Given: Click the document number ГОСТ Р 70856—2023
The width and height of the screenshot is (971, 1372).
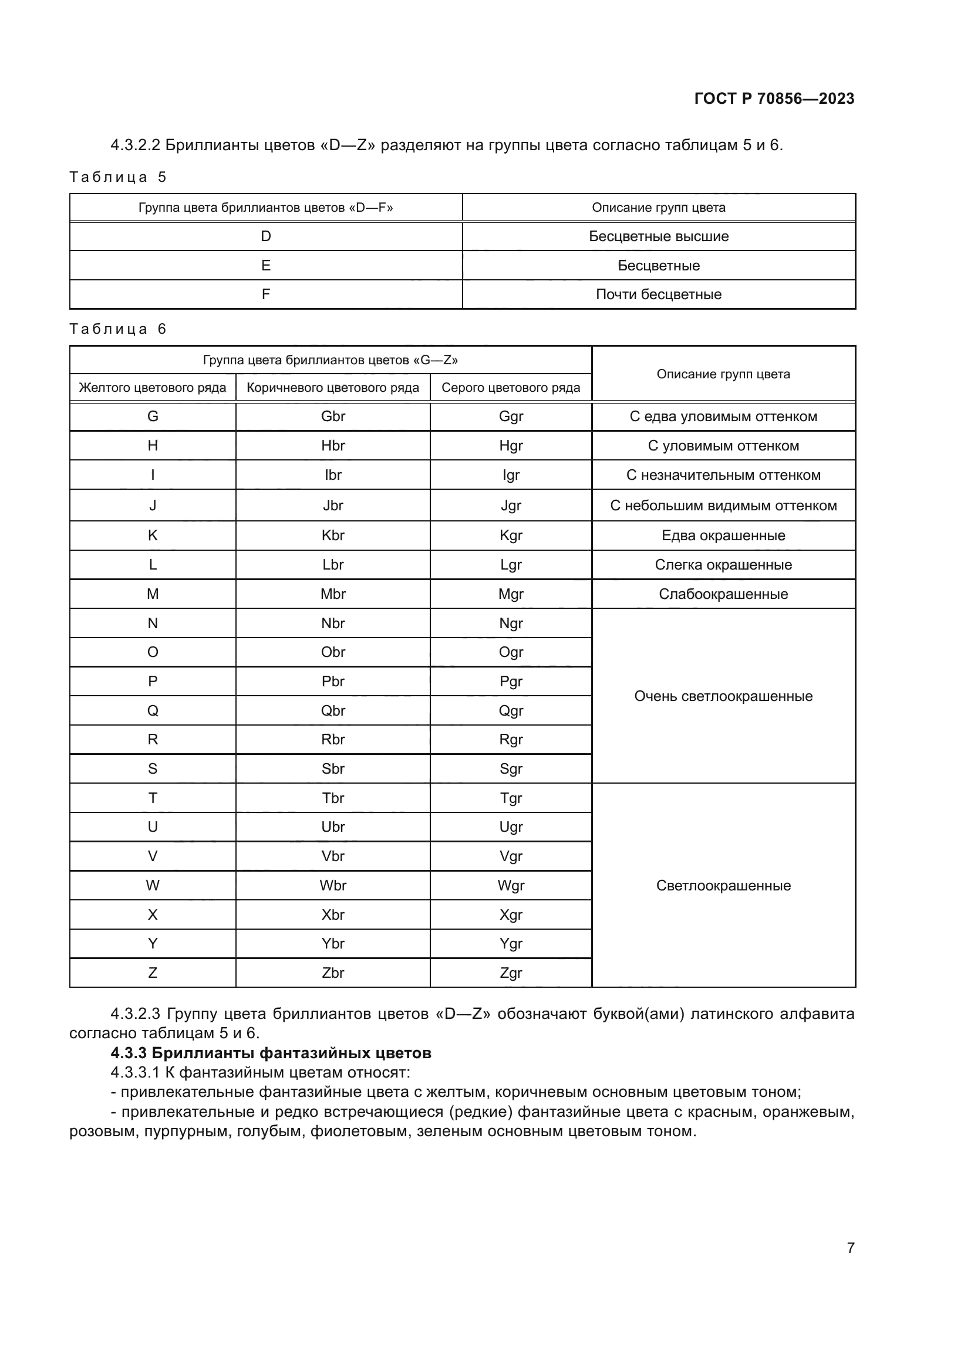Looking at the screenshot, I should [774, 99].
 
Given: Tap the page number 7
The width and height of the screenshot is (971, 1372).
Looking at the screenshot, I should [850, 1248].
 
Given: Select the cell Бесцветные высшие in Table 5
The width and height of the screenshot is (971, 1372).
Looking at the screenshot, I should [658, 236].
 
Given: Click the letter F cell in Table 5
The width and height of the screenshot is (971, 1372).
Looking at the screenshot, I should [265, 294].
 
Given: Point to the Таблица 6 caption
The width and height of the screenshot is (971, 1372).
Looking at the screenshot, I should [118, 328].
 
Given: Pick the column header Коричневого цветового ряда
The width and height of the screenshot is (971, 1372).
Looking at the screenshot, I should [332, 387].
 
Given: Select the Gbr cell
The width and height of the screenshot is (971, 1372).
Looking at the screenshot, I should [332, 416].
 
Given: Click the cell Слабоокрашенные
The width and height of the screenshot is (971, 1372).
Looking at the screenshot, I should [723, 594].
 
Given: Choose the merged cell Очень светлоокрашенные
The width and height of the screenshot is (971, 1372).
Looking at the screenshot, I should [723, 696].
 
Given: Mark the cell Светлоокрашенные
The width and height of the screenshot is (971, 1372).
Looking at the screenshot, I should [723, 886].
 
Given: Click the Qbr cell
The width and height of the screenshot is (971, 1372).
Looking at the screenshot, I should [332, 710].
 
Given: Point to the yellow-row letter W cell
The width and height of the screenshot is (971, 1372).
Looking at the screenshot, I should [153, 886].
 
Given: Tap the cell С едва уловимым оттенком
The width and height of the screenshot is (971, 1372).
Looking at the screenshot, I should [723, 416].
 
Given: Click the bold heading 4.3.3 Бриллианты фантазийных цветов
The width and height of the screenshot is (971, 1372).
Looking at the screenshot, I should [271, 1053].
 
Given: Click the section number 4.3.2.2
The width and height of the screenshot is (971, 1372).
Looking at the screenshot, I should [135, 145].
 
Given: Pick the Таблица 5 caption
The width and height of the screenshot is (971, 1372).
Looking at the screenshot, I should [118, 177].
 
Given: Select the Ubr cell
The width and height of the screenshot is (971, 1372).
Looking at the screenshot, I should [332, 827].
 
